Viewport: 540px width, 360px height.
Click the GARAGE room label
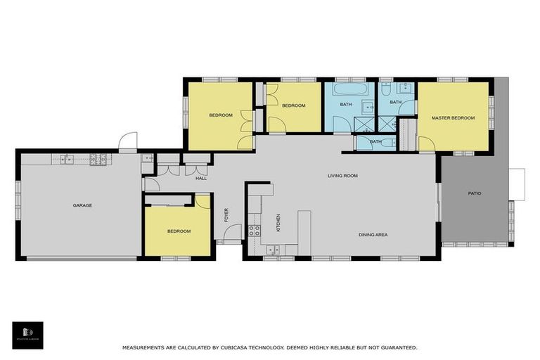[82, 205]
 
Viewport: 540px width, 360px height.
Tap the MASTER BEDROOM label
[453, 118]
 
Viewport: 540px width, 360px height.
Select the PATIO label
[475, 193]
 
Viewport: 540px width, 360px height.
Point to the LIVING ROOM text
[342, 176]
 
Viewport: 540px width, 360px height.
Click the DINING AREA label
[373, 235]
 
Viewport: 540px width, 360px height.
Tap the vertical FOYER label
[226, 214]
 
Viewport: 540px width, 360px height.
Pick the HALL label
[201, 179]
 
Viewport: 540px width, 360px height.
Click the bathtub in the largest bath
[345, 91]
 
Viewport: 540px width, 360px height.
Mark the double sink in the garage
[67, 159]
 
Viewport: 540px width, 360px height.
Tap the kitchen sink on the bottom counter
[273, 248]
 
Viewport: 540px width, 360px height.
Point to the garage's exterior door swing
[127, 142]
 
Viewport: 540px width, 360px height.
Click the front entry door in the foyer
[234, 232]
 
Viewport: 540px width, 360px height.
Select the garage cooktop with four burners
[96, 159]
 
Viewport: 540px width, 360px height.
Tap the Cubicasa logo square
[27, 335]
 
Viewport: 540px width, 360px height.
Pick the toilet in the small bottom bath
[389, 143]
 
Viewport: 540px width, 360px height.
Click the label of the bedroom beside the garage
[179, 231]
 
